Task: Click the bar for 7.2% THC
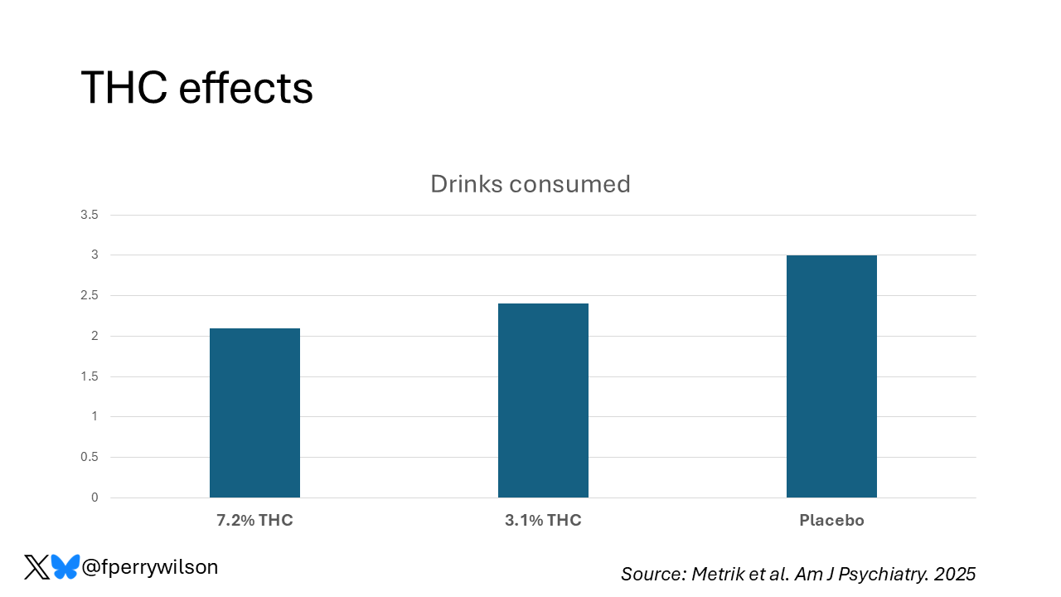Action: [x=254, y=413]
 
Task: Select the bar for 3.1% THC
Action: [x=543, y=400]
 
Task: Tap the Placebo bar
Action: [x=831, y=376]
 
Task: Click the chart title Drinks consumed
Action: [x=530, y=183]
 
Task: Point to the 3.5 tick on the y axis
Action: [x=90, y=215]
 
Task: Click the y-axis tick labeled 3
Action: [x=94, y=255]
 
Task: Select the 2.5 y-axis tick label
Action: [x=90, y=296]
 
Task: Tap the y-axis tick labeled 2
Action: [x=94, y=336]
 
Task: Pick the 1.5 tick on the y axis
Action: [x=90, y=376]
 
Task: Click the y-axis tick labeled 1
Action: [x=94, y=416]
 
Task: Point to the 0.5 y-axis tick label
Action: [x=90, y=457]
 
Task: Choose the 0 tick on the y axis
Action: [x=94, y=498]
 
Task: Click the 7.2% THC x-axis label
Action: [x=254, y=521]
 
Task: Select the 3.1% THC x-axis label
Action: [x=543, y=521]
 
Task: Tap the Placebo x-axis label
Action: [x=831, y=521]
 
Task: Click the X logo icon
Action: [x=36, y=567]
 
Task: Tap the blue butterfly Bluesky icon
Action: [x=65, y=567]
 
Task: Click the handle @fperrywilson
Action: [x=150, y=567]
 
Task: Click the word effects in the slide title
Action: [x=245, y=88]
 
